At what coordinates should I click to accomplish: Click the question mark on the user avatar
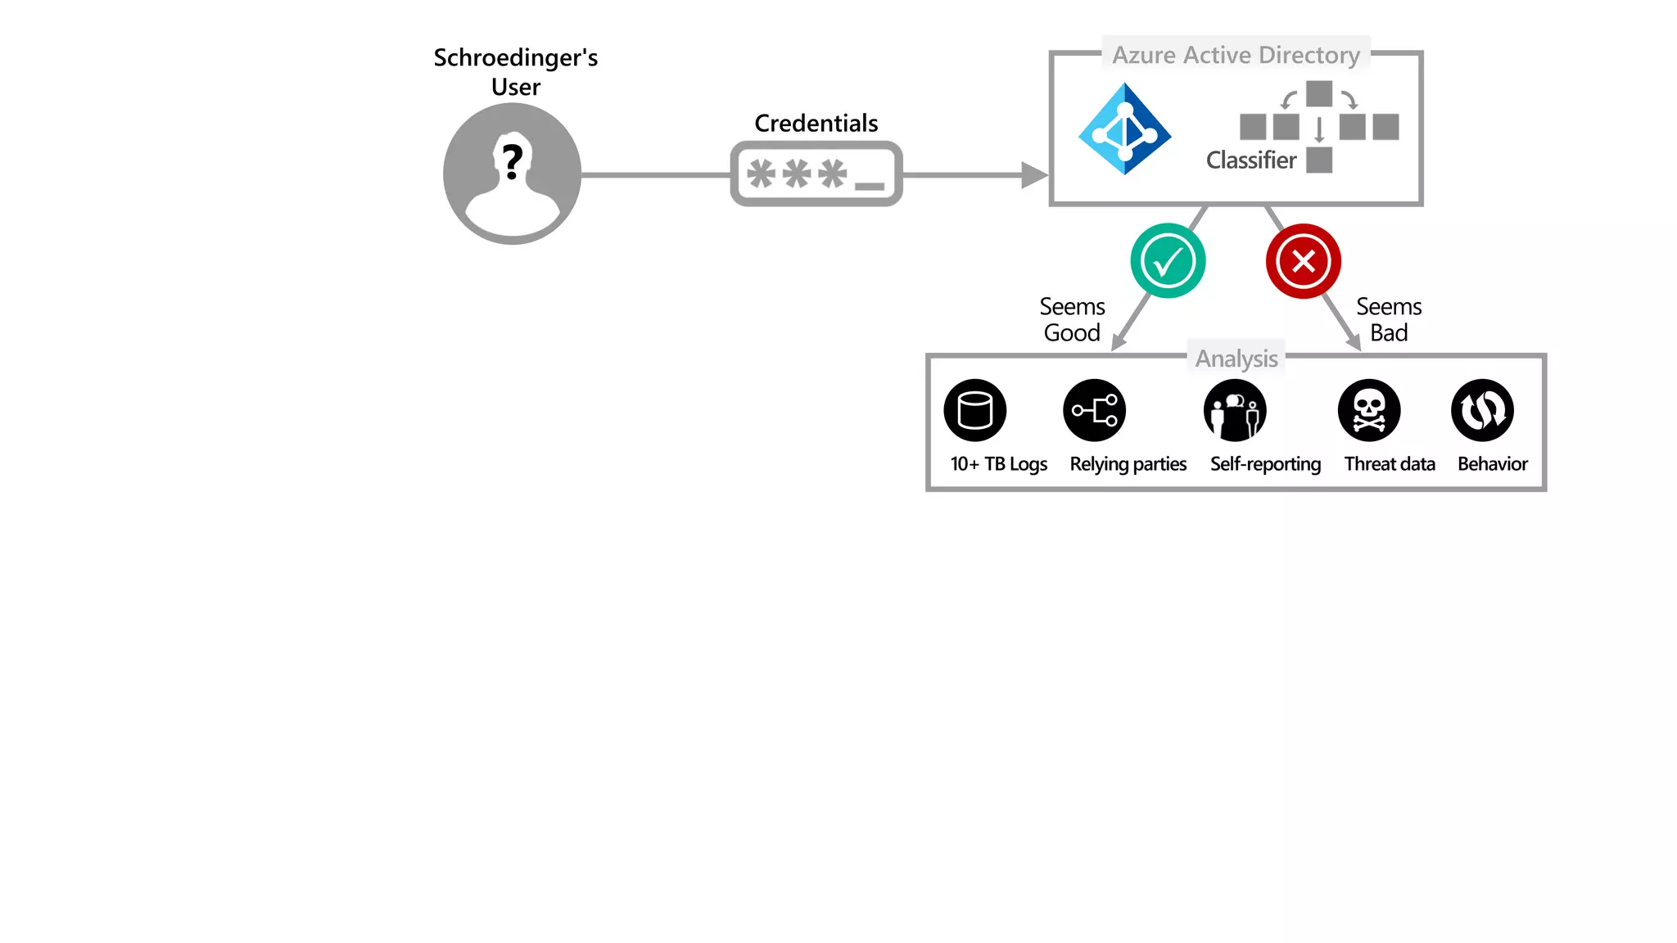click(513, 161)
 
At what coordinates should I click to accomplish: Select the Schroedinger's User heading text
click(515, 72)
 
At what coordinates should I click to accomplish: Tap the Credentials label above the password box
click(816, 124)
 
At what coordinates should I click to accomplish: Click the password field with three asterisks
click(816, 174)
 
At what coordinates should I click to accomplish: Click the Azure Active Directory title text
click(1236, 55)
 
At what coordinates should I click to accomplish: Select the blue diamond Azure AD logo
click(1125, 129)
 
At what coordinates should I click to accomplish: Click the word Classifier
click(1251, 160)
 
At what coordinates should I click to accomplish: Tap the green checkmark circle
click(1168, 261)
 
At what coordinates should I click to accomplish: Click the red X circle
click(1303, 261)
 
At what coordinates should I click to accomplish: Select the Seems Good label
click(1072, 319)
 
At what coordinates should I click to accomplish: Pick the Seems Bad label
click(1389, 319)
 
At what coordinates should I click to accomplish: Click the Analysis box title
click(1236, 359)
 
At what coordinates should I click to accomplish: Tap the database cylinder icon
click(974, 410)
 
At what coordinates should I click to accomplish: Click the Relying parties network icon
click(1095, 410)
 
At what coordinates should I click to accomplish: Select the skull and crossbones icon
click(1369, 410)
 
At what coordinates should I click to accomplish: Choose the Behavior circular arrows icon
click(1482, 410)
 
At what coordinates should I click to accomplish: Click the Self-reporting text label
click(1265, 464)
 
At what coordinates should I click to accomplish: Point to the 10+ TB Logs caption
click(998, 464)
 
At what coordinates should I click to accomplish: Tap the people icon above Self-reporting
click(1235, 410)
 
